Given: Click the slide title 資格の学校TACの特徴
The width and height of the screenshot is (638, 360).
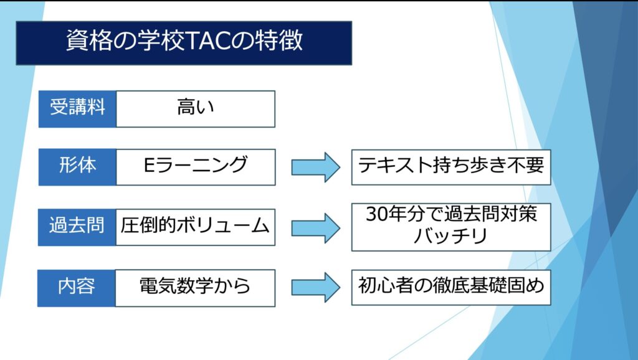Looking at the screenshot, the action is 184,41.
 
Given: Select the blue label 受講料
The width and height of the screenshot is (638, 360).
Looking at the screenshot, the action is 77,109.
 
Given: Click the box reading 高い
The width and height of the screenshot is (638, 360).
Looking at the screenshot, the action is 196,109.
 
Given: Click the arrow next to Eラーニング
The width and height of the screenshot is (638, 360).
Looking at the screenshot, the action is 316,167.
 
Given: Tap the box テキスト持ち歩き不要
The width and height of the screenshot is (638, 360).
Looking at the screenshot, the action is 451,167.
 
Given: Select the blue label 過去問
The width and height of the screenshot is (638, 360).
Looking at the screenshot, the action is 77,227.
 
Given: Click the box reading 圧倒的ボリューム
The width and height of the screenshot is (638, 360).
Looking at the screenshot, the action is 195,227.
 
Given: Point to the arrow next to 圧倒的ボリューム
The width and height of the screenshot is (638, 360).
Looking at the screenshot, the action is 316,228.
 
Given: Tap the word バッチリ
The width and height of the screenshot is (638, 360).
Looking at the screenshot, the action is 450,236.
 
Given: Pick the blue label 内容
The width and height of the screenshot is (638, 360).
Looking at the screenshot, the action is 77,288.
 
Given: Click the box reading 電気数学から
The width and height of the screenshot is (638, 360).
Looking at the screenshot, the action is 195,288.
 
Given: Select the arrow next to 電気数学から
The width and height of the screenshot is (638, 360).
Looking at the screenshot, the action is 316,288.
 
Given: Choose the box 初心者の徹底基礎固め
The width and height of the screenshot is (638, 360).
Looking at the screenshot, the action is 451,287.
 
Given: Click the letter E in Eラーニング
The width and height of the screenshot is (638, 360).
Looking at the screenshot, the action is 149,165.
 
